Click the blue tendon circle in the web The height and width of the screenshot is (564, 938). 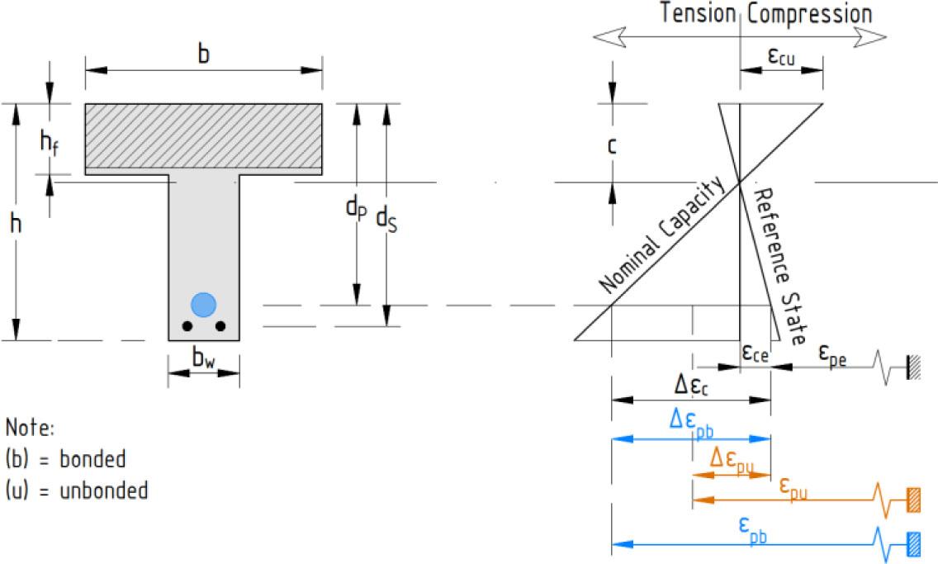pos(203,305)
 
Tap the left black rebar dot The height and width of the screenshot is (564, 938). pos(187,326)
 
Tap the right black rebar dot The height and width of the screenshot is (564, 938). pos(220,326)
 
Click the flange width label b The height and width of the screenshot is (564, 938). pos(204,53)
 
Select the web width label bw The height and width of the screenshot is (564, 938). pos(203,358)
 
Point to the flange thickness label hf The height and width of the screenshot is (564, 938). pos(49,143)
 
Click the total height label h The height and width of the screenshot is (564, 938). pos(17,224)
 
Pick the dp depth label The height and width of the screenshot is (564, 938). pos(357,208)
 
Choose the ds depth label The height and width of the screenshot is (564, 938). pos(386,220)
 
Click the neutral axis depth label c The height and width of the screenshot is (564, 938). pos(611,146)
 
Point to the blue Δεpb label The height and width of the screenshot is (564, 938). pos(692,422)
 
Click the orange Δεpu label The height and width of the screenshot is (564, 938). pos(732,460)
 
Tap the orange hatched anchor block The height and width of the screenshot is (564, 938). pos(913,500)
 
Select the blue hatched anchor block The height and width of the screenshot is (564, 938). pos(913,544)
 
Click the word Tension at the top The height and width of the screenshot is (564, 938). pos(698,13)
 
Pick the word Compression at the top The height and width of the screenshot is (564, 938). pos(810,14)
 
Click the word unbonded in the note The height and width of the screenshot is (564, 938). pos(104,491)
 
